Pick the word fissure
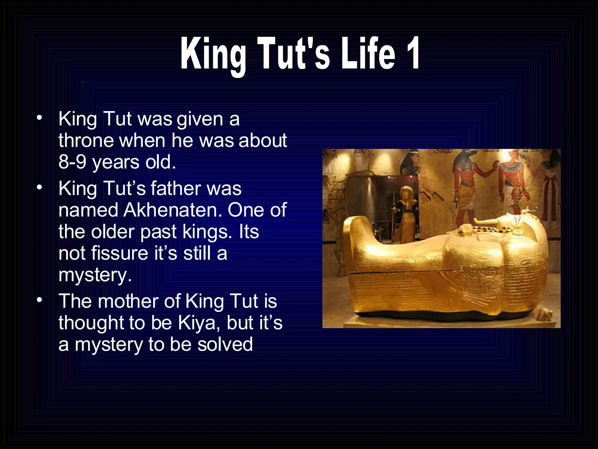coord(120,253)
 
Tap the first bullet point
coord(40,118)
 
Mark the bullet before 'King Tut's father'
coord(40,187)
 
